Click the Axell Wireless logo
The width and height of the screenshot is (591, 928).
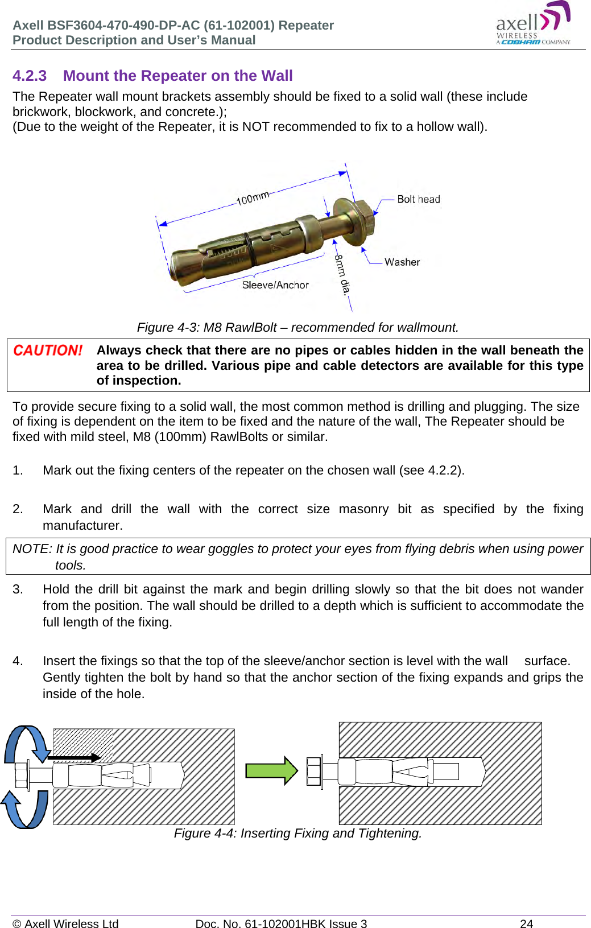[532, 24]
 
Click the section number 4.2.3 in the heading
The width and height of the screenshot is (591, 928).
[30, 76]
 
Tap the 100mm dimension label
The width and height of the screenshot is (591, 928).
[253, 198]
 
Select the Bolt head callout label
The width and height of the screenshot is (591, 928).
[418, 199]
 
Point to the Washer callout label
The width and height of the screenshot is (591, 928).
[402, 262]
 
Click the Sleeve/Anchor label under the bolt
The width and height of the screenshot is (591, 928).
[275, 285]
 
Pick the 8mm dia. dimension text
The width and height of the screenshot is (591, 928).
[342, 274]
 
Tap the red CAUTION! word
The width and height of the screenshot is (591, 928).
[48, 350]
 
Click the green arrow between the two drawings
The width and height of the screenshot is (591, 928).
[271, 770]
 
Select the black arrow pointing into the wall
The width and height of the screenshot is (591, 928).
[74, 757]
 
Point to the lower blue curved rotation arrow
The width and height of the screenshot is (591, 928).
[25, 809]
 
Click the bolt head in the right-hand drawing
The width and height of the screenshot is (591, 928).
[314, 772]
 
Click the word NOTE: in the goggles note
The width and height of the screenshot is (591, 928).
[32, 549]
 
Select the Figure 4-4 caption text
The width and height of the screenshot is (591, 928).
[297, 834]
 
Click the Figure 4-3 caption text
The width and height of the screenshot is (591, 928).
[297, 328]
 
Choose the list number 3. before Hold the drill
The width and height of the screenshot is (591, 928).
[18, 589]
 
